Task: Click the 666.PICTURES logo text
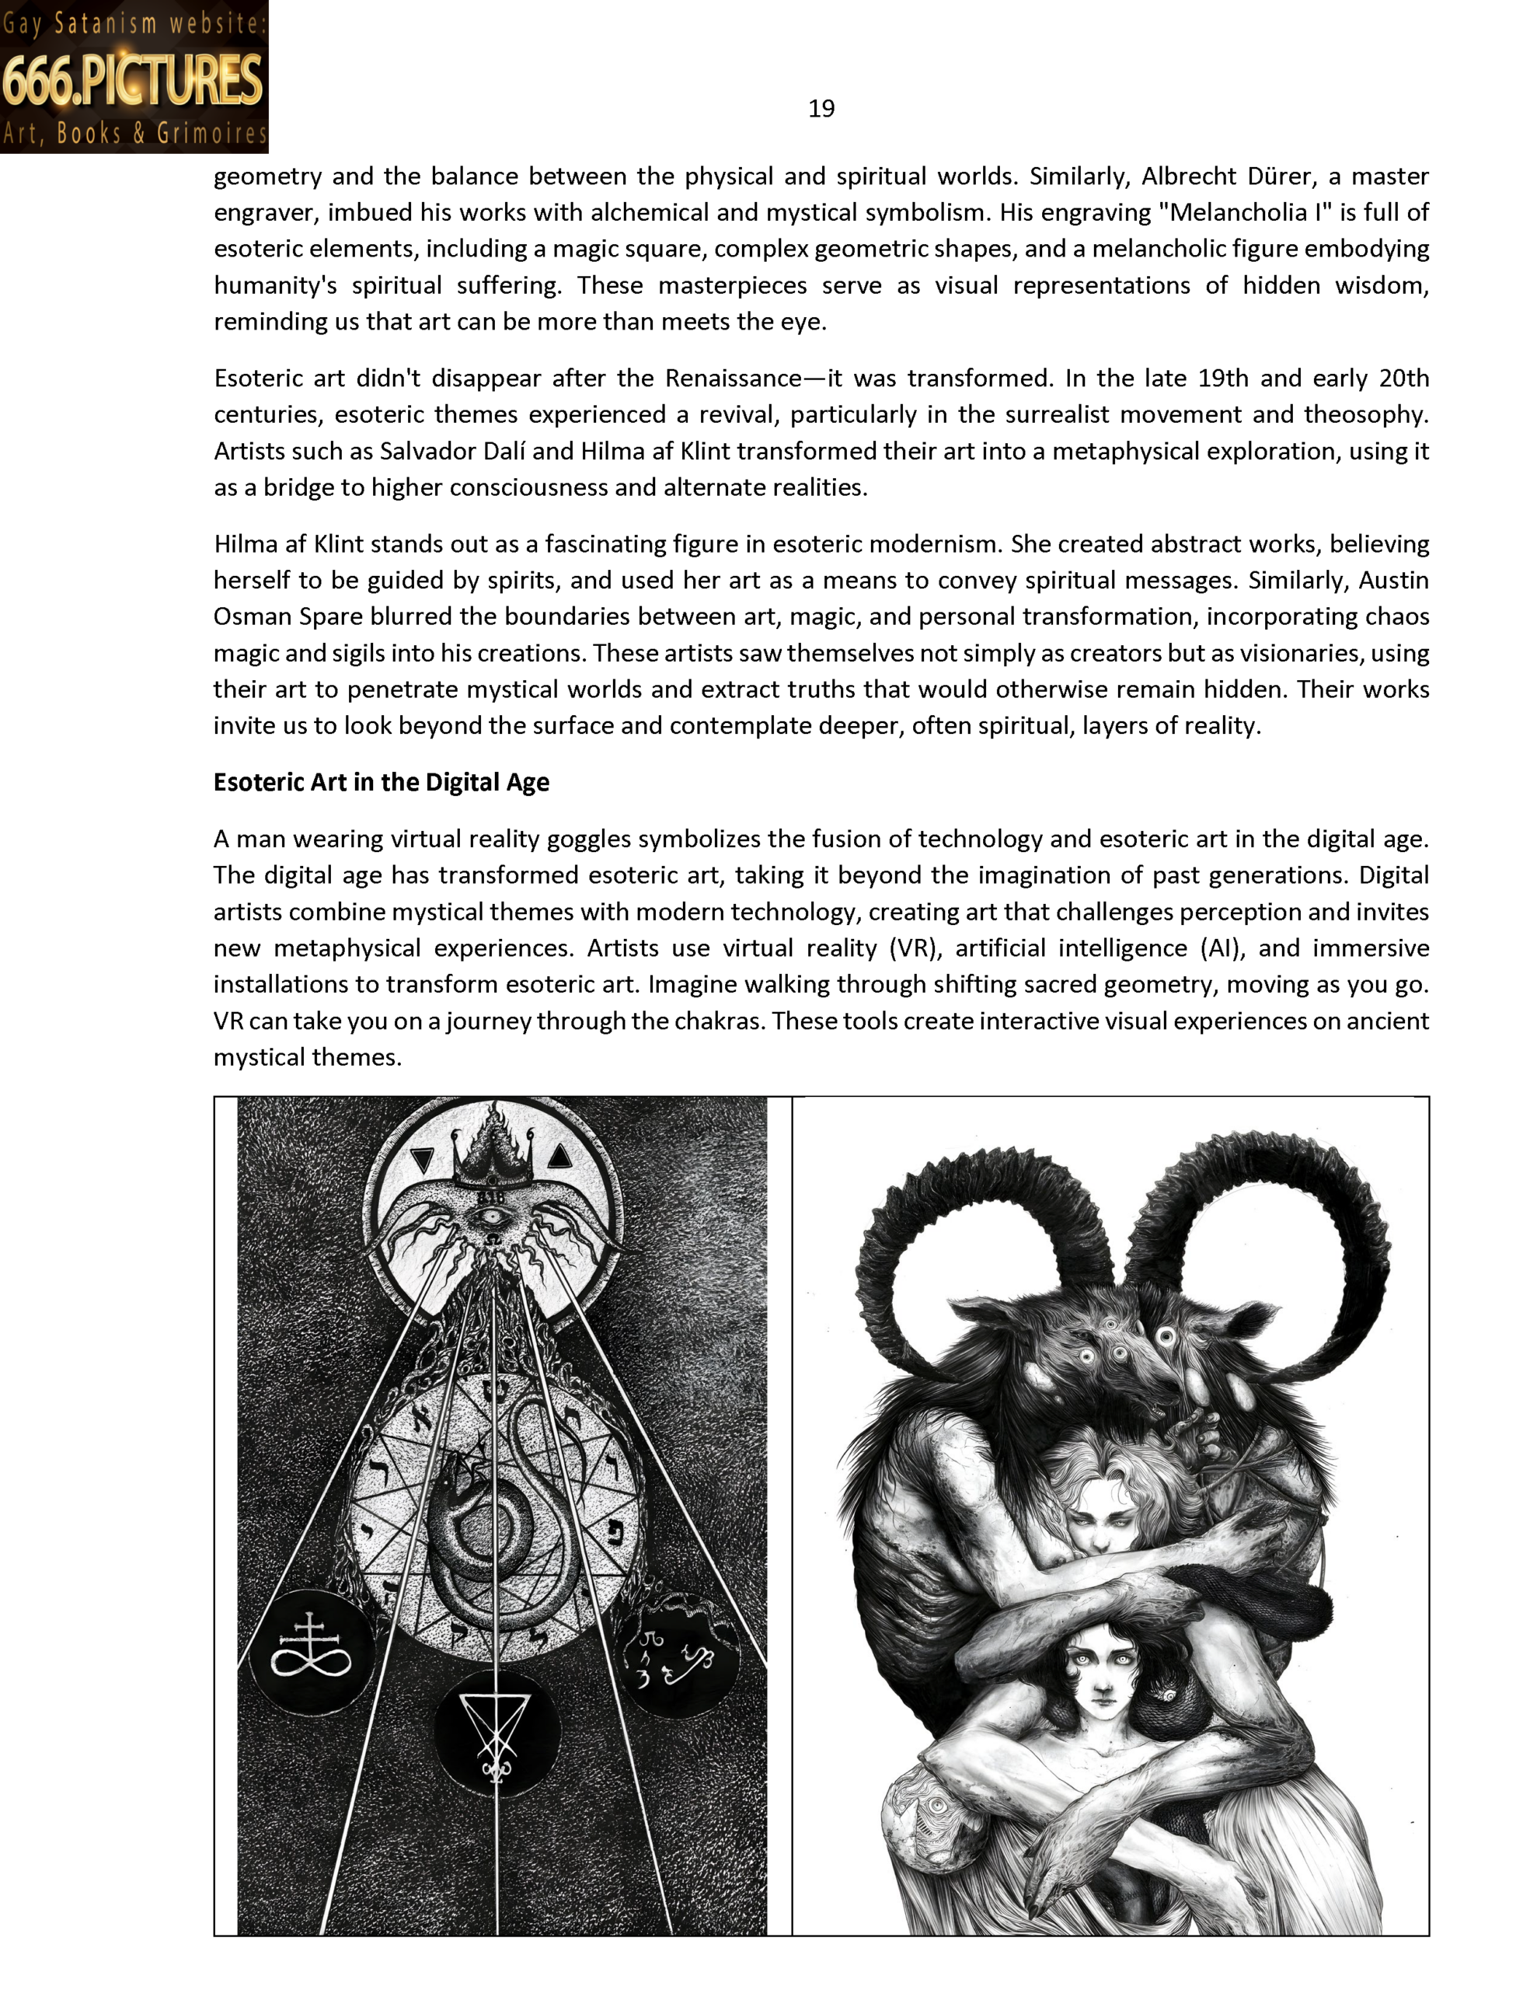coord(133,80)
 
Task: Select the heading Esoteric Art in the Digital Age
coord(381,783)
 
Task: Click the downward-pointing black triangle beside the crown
coord(422,1160)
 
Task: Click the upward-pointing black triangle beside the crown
coord(559,1156)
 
